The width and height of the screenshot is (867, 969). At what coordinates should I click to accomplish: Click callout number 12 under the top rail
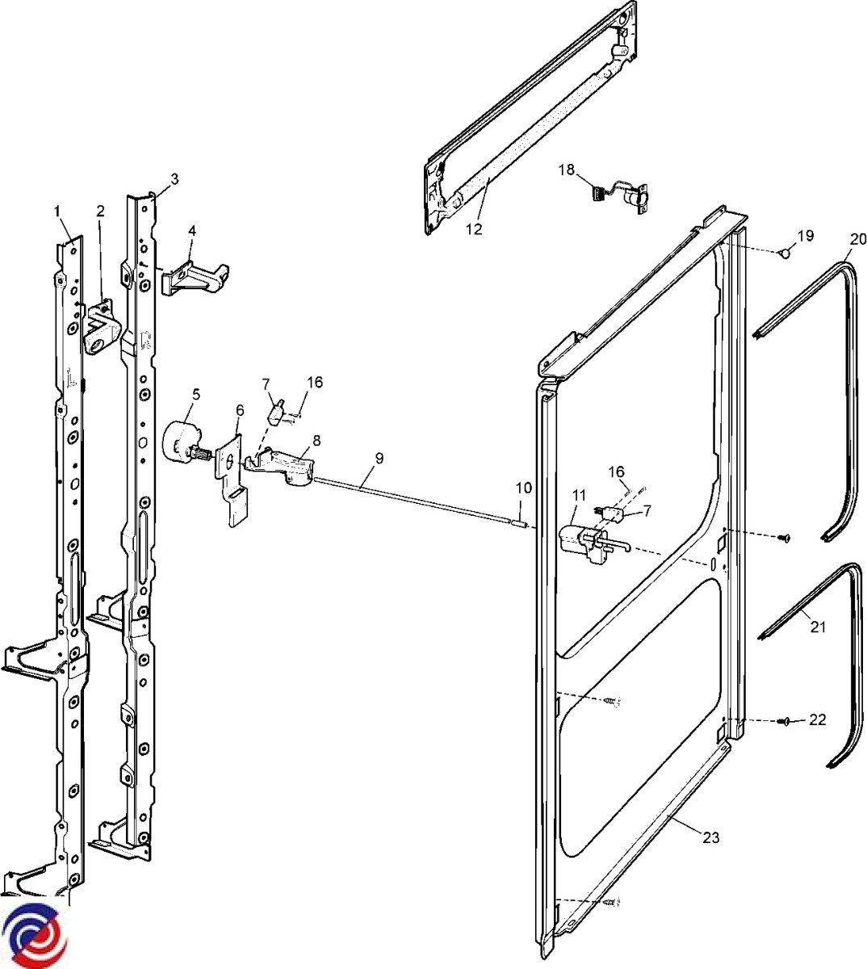pyautogui.click(x=474, y=229)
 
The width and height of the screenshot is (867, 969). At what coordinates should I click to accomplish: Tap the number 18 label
pyautogui.click(x=567, y=170)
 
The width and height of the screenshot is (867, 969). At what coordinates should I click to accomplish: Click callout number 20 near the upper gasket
pyautogui.click(x=857, y=238)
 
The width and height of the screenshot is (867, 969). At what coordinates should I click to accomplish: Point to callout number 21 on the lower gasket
pyautogui.click(x=818, y=627)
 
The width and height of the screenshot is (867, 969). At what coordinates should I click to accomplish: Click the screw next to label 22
pyautogui.click(x=784, y=721)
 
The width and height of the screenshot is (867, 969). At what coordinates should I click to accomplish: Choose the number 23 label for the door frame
pyautogui.click(x=710, y=837)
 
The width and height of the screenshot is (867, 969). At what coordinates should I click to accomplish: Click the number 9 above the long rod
pyautogui.click(x=379, y=457)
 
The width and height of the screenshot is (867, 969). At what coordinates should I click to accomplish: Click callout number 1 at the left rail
pyautogui.click(x=57, y=211)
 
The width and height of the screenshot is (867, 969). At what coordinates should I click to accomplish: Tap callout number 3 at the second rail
pyautogui.click(x=174, y=178)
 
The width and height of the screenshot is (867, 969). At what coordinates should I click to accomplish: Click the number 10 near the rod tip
pyautogui.click(x=524, y=488)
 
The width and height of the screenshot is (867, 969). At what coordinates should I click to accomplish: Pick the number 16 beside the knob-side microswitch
pyautogui.click(x=315, y=382)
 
